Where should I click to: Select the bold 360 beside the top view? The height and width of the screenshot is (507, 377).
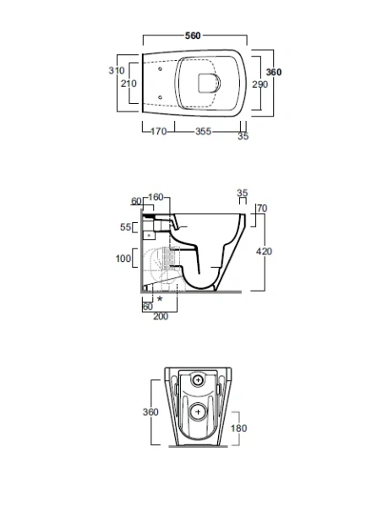click(275, 73)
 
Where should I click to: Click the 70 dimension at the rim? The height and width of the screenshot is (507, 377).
click(261, 208)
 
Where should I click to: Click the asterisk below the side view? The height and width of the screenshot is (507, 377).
click(161, 299)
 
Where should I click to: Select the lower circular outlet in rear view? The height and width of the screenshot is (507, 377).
click(198, 412)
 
